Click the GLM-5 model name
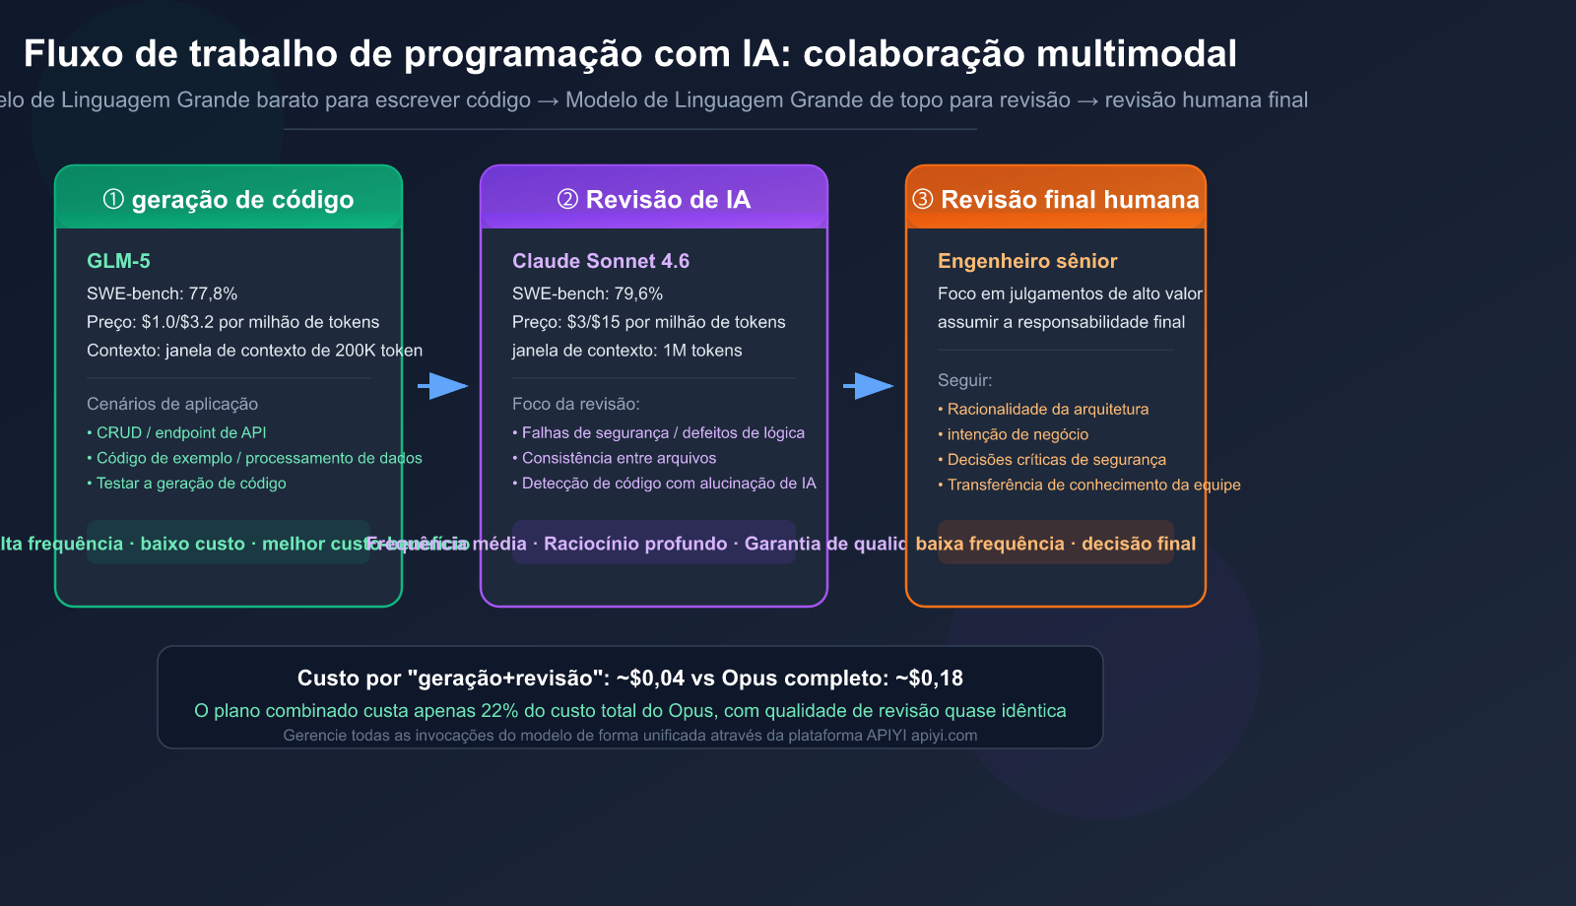(x=118, y=261)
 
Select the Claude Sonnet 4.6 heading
(x=600, y=261)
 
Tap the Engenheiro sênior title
(x=1026, y=261)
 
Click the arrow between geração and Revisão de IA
(x=442, y=386)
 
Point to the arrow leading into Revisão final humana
(x=868, y=386)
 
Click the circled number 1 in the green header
(x=113, y=200)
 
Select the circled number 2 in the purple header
(x=567, y=200)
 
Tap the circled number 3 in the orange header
(x=923, y=200)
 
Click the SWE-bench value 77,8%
(x=213, y=293)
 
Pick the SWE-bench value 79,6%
(x=638, y=293)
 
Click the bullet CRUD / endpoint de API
(x=180, y=432)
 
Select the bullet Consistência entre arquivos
(x=619, y=458)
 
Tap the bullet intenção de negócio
(x=1018, y=434)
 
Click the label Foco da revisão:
(x=576, y=404)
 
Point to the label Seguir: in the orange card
(x=964, y=380)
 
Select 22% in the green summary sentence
(x=498, y=711)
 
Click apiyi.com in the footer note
(x=944, y=736)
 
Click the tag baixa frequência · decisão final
(x=1055, y=544)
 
